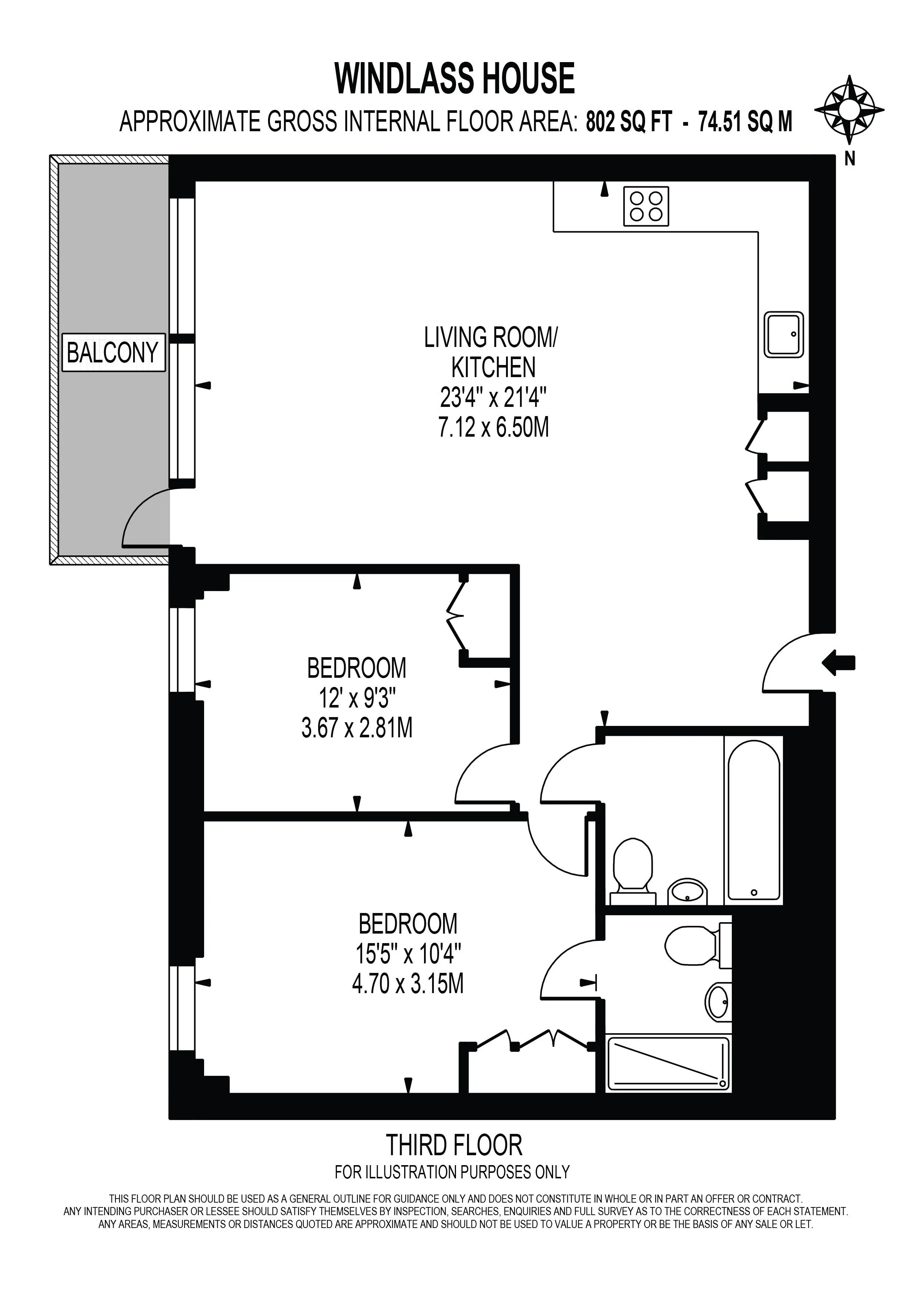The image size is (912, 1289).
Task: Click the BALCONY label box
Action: coord(113,352)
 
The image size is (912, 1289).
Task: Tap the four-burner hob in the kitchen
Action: coord(646,206)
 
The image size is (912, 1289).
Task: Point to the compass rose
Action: coord(849,109)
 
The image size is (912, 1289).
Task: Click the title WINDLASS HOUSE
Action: coord(455,79)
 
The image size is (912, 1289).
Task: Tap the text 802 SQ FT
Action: coord(629,121)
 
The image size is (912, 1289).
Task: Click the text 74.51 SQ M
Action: coord(745,121)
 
